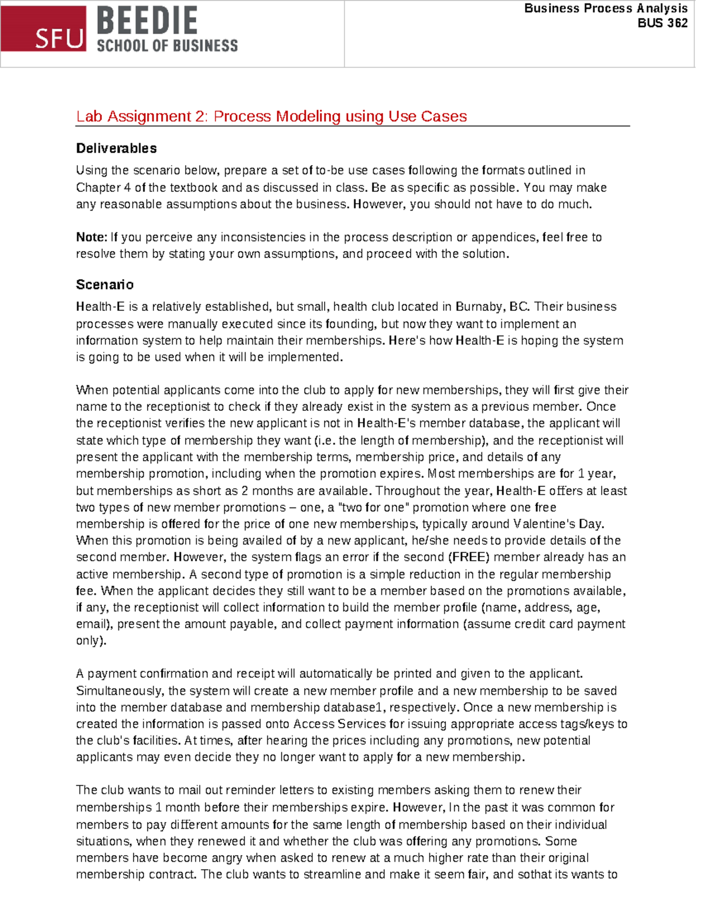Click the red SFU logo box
coord(44,29)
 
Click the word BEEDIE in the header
coord(147,21)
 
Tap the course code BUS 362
coord(663,23)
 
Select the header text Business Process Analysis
coord(606,8)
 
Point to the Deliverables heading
coord(116,149)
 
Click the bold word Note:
coord(91,238)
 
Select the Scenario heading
coord(104,285)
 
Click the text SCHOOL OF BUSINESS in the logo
coord(167,46)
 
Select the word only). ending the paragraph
coord(91,641)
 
